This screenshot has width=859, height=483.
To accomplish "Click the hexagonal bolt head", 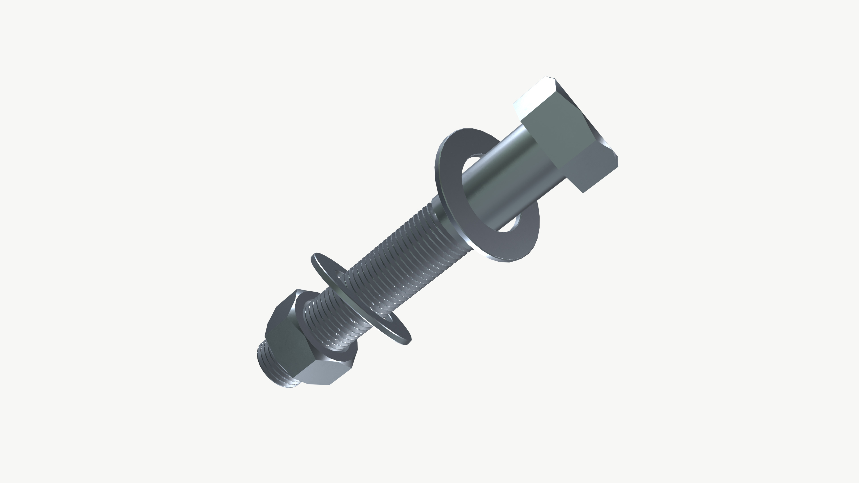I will pyautogui.click(x=567, y=133).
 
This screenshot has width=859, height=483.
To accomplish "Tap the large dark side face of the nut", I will pyautogui.click(x=290, y=337).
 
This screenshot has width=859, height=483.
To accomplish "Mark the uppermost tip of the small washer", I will pyautogui.click(x=315, y=255).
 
